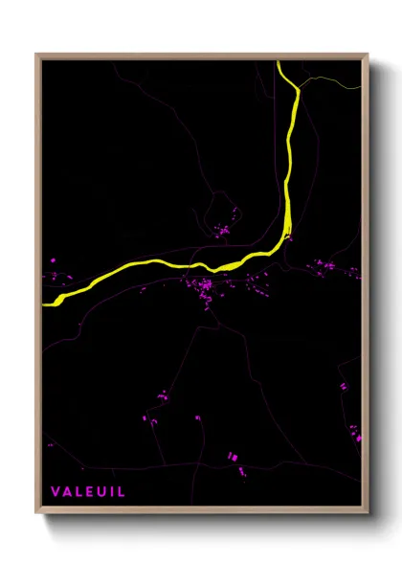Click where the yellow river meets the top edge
click(x=279, y=62)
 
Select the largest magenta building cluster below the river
click(x=204, y=288)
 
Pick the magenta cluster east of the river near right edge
click(x=320, y=265)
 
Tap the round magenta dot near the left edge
click(x=54, y=259)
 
